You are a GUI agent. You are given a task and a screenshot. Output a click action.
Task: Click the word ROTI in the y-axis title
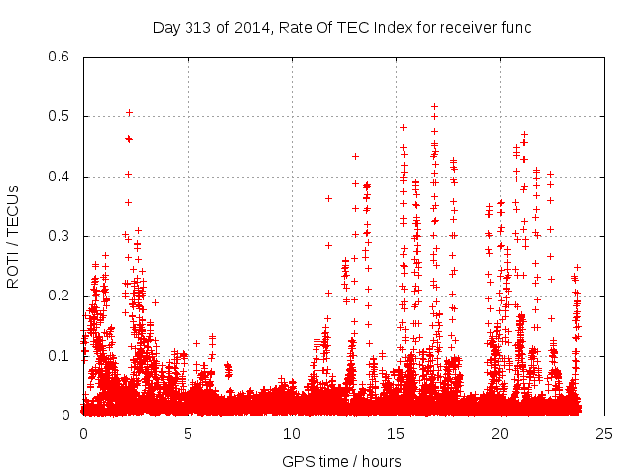click(13, 269)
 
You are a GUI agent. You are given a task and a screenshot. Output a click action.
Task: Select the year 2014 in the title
click(252, 27)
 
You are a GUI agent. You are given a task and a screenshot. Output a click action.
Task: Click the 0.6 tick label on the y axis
click(61, 57)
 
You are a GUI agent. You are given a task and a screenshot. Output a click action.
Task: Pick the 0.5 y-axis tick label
click(61, 116)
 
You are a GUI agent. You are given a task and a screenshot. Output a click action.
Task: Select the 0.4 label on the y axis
click(61, 177)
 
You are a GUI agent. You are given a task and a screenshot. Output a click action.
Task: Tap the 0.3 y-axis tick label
click(61, 236)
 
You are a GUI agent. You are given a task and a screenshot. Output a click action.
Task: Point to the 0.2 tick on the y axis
click(61, 296)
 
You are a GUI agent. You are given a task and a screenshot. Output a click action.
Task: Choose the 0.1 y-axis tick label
click(61, 355)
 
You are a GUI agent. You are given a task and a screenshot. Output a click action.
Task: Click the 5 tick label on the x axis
click(188, 433)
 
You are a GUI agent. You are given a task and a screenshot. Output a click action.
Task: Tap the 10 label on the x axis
click(292, 433)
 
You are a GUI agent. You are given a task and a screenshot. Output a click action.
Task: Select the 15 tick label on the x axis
click(396, 433)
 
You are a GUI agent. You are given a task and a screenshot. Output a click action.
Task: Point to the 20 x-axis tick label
click(500, 433)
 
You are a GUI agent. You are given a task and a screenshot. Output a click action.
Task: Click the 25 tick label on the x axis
click(604, 433)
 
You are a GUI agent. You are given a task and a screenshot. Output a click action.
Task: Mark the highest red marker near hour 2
click(129, 112)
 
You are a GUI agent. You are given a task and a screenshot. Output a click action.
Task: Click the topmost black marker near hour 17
click(434, 106)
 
